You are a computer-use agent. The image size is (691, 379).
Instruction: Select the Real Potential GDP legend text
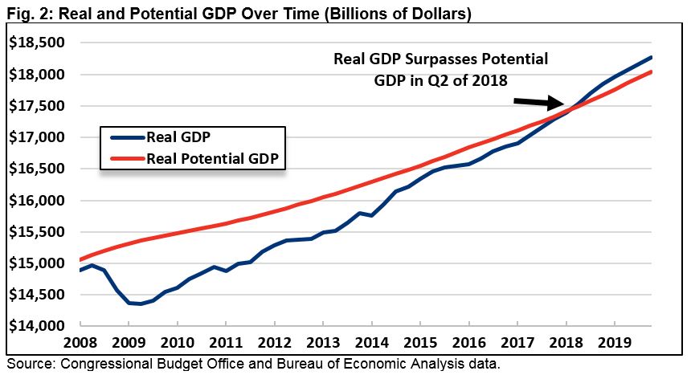coord(212,157)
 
